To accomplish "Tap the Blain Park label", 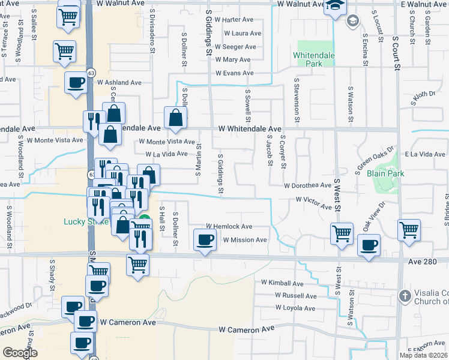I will pyautogui.click(x=385, y=173).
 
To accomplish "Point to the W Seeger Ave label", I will pyautogui.click(x=236, y=47).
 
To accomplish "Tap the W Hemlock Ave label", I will pyautogui.click(x=229, y=227).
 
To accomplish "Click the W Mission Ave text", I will pyautogui.click(x=244, y=240).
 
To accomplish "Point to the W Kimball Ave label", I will pyautogui.click(x=282, y=283).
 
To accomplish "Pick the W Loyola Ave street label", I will pyautogui.click(x=295, y=308).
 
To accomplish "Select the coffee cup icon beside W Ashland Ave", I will pyautogui.click(x=76, y=83).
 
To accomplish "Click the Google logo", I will pyautogui.click(x=20, y=353).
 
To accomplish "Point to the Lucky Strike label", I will pyautogui.click(x=86, y=221).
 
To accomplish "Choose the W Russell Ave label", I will pyautogui.click(x=295, y=296).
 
